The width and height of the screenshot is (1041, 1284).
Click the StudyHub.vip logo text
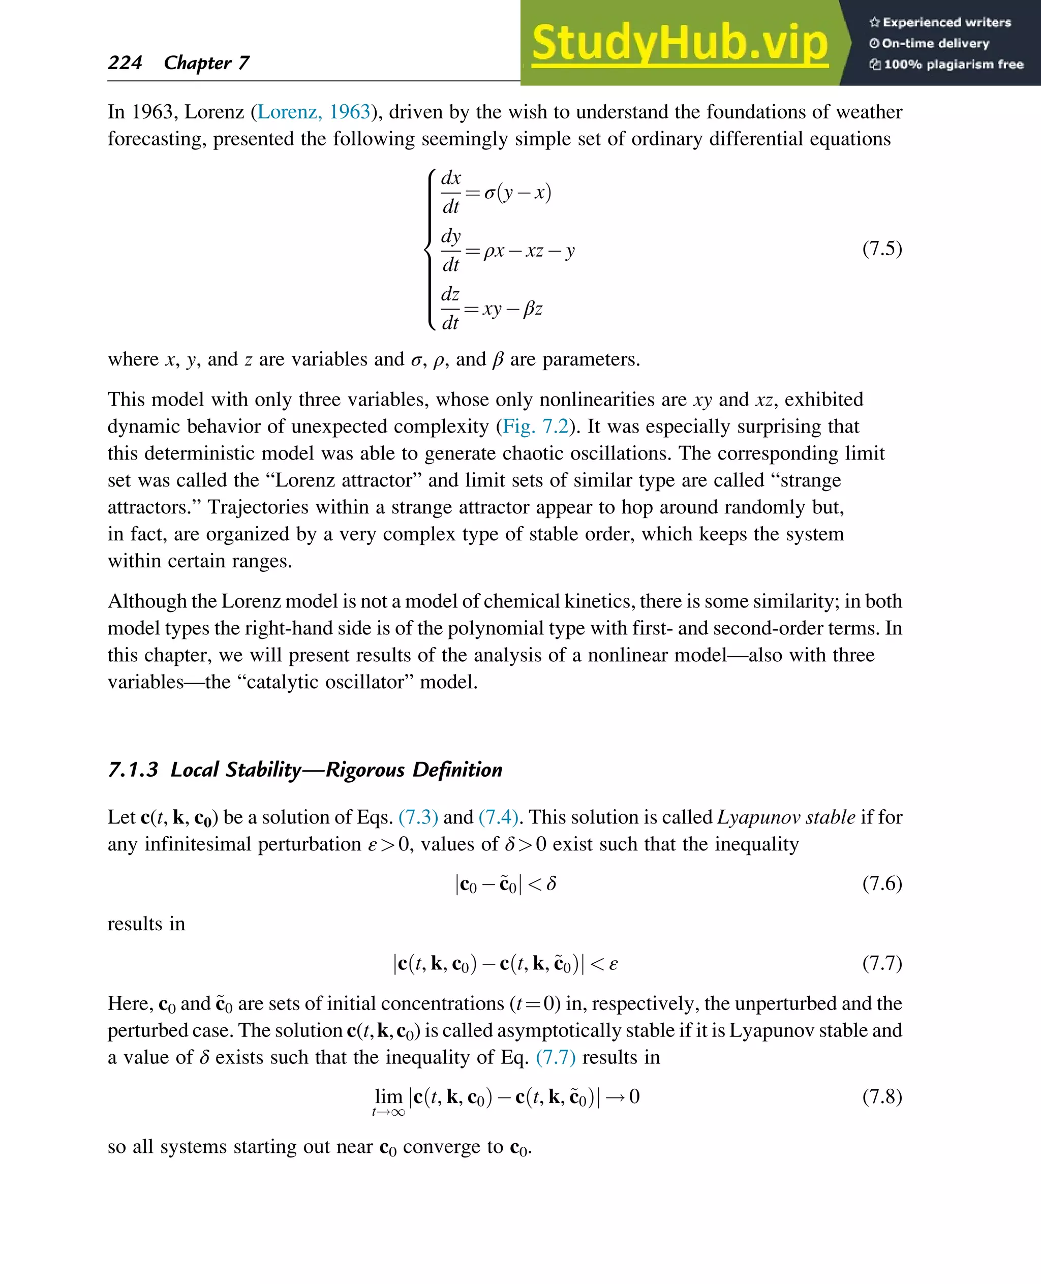680,43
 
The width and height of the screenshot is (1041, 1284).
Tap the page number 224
125,63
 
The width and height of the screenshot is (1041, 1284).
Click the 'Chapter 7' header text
206,63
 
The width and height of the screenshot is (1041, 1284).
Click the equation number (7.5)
881,248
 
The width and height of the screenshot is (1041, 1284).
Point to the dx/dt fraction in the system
451,192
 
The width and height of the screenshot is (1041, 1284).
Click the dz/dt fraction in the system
450,308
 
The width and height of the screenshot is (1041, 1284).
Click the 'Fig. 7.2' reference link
535,426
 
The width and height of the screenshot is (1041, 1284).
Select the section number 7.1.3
133,770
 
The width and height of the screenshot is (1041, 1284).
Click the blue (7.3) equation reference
418,817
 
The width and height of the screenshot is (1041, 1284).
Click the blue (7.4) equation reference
498,817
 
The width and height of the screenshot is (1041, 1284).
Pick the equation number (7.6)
881,883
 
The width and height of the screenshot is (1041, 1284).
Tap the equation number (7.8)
881,1096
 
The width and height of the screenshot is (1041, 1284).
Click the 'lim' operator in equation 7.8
388,1096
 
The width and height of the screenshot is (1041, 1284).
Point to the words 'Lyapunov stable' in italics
786,817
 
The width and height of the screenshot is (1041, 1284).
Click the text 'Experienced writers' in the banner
946,22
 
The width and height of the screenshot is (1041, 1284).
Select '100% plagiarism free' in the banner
953,64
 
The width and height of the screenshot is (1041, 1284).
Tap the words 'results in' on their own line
146,924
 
